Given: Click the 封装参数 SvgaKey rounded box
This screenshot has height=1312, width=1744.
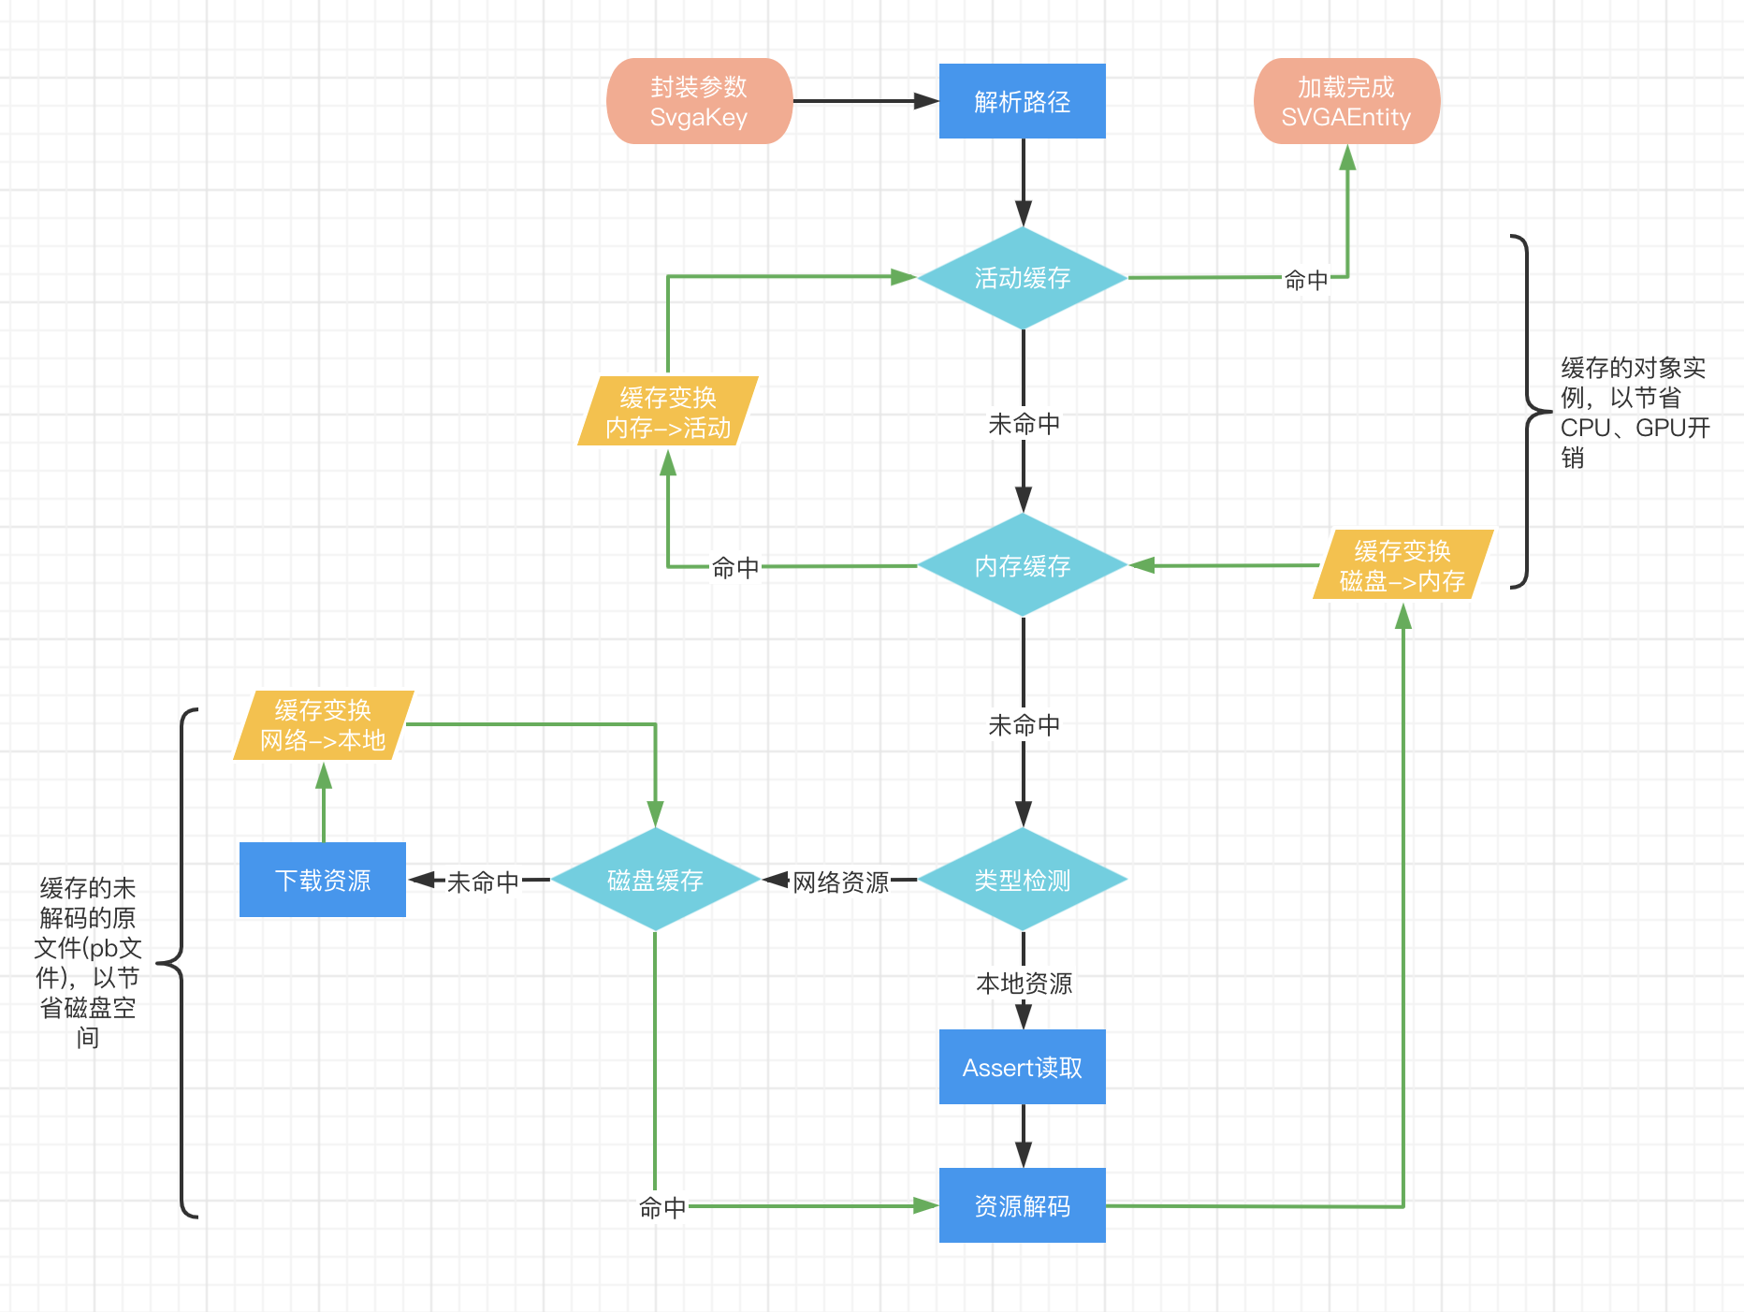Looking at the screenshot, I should click(699, 101).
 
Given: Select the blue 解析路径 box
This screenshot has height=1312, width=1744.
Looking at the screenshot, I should click(1022, 101).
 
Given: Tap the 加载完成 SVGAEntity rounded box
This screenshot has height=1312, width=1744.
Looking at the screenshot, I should click(1345, 101).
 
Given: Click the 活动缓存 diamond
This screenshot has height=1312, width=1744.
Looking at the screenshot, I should click(1022, 278).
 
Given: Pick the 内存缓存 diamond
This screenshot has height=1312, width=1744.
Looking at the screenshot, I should click(1022, 565).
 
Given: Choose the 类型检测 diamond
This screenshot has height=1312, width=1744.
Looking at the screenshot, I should click(1022, 880).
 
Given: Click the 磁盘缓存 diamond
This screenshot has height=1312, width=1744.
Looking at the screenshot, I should click(655, 880).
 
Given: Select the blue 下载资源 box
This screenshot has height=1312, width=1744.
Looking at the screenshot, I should click(323, 880).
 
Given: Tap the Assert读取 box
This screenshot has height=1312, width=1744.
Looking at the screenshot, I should click(1022, 1067).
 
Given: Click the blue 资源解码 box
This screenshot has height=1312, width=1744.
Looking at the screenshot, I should click(1022, 1205).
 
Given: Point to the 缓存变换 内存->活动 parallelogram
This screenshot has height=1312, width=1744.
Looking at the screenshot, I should click(668, 412).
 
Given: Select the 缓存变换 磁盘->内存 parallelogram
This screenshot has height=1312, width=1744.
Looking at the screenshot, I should click(1402, 565).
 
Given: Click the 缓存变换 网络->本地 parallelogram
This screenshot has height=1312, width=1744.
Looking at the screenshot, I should click(323, 725).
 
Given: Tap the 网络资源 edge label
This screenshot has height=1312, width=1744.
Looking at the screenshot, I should click(840, 882).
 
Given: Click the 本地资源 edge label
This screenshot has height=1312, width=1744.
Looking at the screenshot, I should click(1024, 983).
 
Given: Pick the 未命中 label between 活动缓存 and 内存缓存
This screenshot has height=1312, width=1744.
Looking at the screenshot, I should click(1024, 424).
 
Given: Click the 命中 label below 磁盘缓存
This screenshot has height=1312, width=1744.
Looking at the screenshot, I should click(662, 1207).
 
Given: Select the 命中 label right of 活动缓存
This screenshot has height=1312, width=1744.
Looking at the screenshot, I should click(1306, 279).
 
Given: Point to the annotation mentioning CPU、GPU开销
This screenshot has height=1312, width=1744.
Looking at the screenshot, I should click(1634, 412).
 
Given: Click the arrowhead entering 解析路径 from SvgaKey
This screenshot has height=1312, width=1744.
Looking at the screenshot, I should click(926, 101).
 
